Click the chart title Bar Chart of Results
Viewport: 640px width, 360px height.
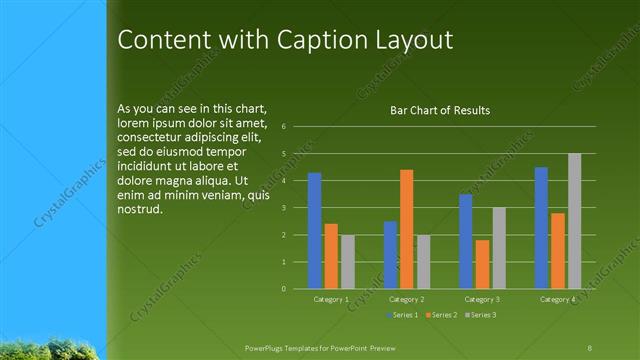point(440,110)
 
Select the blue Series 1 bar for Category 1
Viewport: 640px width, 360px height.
point(315,231)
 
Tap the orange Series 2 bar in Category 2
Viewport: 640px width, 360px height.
point(407,229)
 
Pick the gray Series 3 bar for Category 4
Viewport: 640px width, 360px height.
point(574,221)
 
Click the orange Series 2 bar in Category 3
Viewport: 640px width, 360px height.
point(482,264)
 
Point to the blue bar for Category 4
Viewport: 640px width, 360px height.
point(541,228)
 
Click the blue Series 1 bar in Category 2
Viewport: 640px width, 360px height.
point(390,255)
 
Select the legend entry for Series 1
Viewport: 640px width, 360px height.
point(402,315)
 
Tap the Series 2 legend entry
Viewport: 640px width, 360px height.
point(441,315)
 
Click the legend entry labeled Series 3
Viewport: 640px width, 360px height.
point(479,315)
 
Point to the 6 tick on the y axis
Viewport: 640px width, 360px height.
point(285,127)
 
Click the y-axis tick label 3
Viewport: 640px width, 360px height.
point(285,208)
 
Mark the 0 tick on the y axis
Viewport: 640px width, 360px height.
point(285,289)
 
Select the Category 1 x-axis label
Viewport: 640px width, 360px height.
point(331,299)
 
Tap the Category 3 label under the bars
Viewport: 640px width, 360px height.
point(482,299)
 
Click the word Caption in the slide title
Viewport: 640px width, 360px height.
point(303,40)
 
